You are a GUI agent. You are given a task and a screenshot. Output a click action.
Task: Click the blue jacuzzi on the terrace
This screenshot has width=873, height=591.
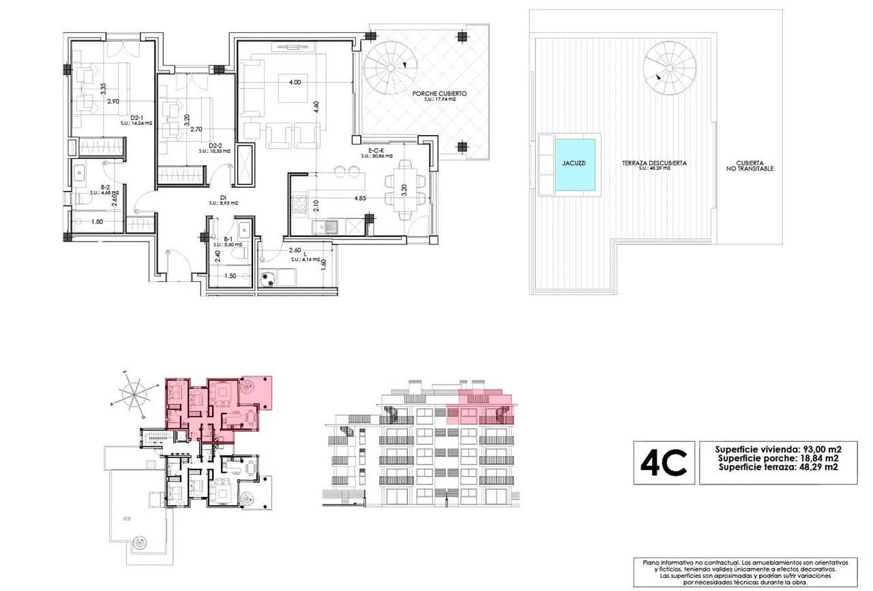click(x=574, y=165)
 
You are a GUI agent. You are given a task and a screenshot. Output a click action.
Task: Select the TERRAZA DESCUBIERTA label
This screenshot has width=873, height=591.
click(x=653, y=164)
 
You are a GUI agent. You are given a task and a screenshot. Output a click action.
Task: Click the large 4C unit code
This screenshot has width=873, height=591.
click(x=664, y=463)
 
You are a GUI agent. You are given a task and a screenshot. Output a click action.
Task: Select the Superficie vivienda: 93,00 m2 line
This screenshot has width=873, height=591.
click(x=778, y=449)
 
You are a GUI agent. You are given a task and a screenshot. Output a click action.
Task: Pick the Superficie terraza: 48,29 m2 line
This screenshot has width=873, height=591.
click(x=778, y=467)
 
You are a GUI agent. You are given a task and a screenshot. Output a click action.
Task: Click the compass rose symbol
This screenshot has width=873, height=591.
click(x=136, y=394)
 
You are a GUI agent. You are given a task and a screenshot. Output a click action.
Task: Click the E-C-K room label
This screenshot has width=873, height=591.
click(x=376, y=149)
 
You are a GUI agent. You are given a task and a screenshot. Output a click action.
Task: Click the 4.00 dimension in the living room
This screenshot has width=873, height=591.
click(x=295, y=82)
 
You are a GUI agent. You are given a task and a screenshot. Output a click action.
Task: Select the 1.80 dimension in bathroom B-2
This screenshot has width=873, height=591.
click(x=97, y=222)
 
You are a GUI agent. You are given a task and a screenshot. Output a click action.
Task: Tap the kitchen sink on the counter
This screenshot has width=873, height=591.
click(x=330, y=226)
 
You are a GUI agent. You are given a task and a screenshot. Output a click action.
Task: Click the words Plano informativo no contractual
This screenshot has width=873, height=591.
click(x=683, y=562)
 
